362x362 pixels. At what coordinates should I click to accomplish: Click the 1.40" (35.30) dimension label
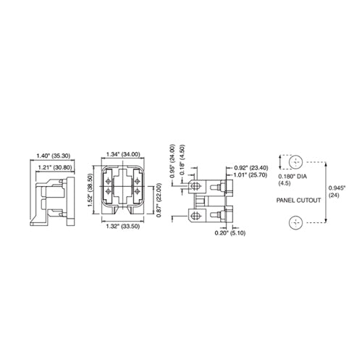point(54,156)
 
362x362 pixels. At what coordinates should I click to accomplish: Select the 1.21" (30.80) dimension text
point(55,167)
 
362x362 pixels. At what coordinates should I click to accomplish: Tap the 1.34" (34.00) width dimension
point(123,154)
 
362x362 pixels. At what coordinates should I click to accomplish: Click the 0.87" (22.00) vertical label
point(159,200)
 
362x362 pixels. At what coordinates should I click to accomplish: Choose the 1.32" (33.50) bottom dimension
point(123,227)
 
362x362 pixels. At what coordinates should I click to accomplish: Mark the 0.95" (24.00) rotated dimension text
point(172,161)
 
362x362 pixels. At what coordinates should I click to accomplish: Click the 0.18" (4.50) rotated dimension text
point(182,160)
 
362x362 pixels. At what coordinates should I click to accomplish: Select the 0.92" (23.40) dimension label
point(251,168)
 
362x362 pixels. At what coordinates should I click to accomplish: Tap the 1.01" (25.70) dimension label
point(251,174)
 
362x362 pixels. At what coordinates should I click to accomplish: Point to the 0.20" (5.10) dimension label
point(230,233)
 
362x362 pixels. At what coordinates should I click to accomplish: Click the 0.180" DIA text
point(292,177)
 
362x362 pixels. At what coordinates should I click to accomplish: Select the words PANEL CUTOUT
point(298,200)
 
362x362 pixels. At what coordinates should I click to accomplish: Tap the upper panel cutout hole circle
point(295,162)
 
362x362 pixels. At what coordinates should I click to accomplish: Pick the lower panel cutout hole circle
point(295,223)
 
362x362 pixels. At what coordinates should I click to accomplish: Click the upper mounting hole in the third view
point(195,186)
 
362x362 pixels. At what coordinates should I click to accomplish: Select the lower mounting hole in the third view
point(195,215)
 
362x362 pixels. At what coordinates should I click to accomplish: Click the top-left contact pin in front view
point(108,181)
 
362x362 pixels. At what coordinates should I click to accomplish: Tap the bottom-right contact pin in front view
point(138,192)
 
